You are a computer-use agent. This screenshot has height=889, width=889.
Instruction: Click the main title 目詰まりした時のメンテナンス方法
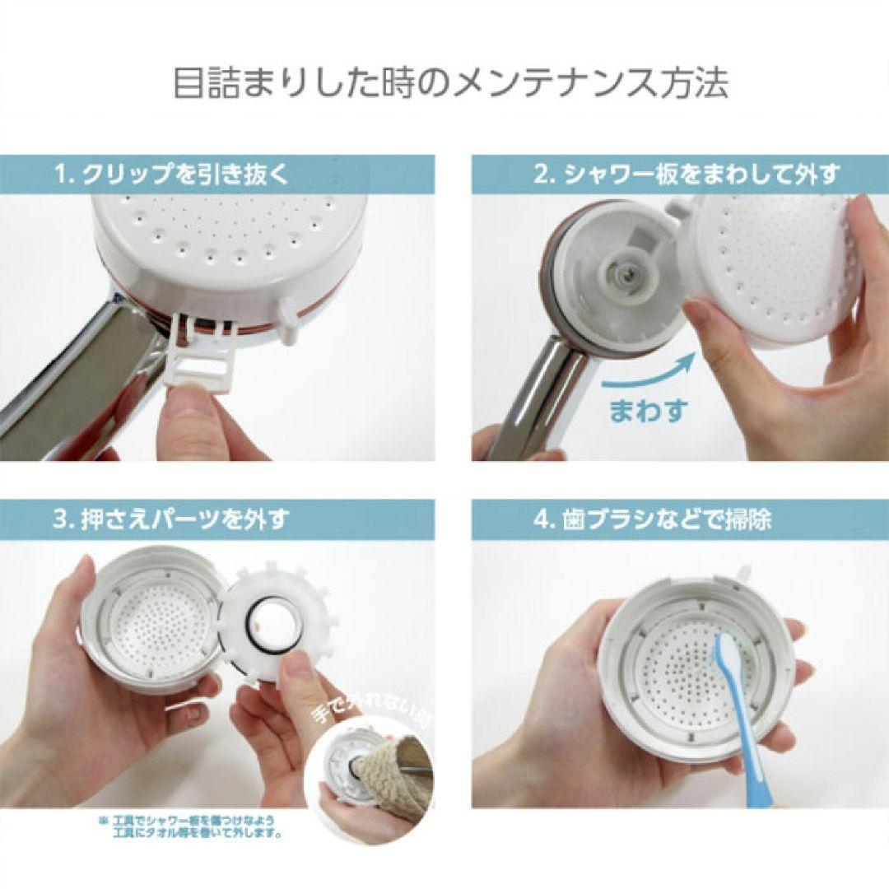click(444, 84)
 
